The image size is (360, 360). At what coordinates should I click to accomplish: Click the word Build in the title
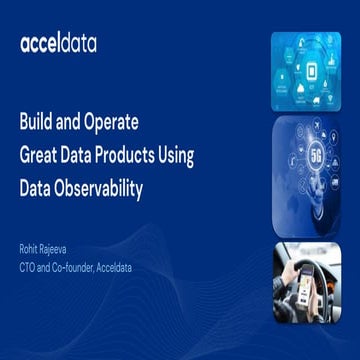(x=37, y=124)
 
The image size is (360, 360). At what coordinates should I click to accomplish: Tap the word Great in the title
(x=42, y=155)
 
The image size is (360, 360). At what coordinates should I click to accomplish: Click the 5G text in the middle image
(x=315, y=159)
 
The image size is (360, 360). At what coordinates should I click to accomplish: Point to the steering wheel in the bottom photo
(x=295, y=270)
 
